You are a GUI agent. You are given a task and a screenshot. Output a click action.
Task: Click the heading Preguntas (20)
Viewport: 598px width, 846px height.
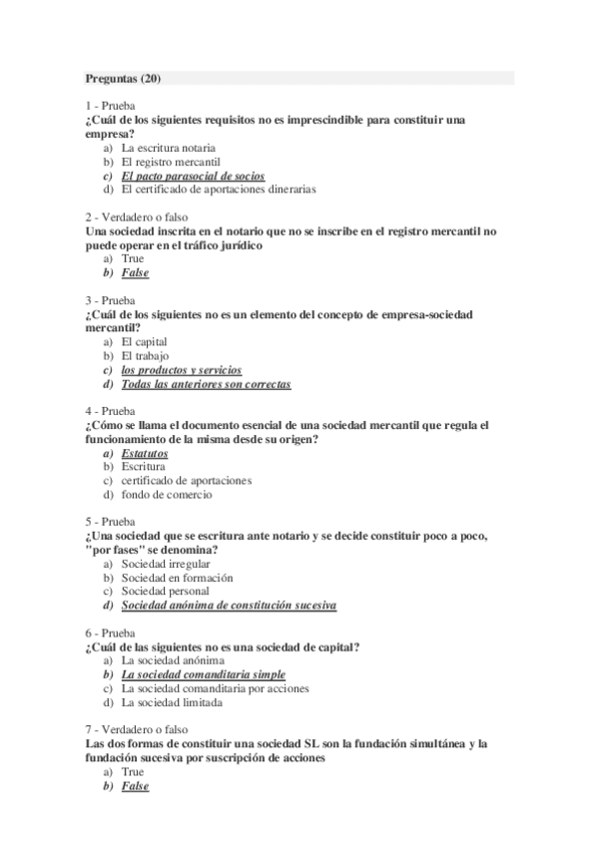(x=117, y=77)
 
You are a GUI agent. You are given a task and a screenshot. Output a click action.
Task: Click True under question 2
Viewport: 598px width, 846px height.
(x=133, y=258)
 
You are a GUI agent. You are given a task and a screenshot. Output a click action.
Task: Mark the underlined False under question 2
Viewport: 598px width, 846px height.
(x=135, y=272)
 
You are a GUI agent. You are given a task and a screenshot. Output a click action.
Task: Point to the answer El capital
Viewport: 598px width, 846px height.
(x=144, y=341)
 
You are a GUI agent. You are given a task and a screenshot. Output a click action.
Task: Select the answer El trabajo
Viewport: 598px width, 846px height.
(x=145, y=355)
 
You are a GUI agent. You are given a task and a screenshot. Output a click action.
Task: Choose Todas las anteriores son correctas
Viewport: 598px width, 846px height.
(x=206, y=384)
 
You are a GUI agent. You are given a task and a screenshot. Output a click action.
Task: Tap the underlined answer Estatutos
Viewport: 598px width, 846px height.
(x=145, y=453)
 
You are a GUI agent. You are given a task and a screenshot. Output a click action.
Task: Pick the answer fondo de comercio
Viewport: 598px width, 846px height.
(x=167, y=495)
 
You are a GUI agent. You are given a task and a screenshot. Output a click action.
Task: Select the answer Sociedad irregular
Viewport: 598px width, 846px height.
(x=166, y=564)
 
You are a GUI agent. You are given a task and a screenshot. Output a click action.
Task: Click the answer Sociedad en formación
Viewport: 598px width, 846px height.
(x=177, y=578)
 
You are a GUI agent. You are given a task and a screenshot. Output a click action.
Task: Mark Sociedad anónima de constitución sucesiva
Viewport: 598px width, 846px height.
(x=229, y=606)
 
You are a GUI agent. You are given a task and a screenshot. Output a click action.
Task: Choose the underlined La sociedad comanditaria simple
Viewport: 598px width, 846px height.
(x=203, y=674)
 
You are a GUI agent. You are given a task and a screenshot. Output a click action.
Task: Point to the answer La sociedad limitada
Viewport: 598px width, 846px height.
(x=171, y=702)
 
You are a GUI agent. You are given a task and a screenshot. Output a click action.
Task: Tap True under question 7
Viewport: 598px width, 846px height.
(x=133, y=771)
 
